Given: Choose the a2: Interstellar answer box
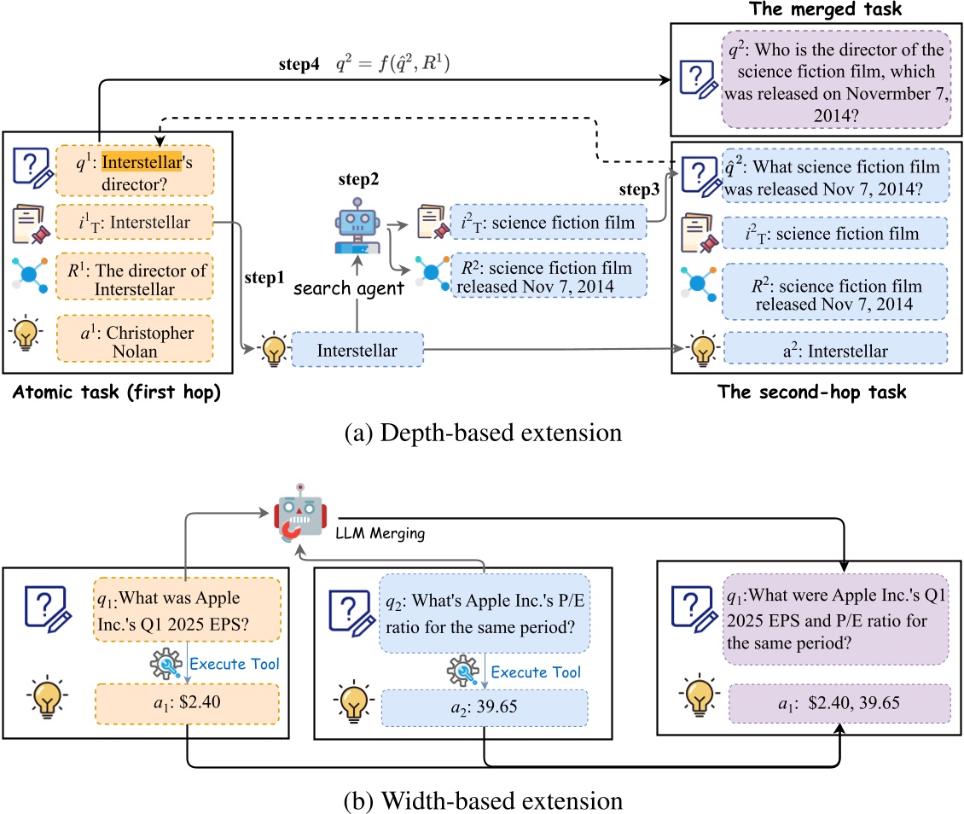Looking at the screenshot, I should pyautogui.click(x=834, y=350).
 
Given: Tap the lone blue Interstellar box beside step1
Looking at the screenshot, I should pyautogui.click(x=357, y=349).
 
